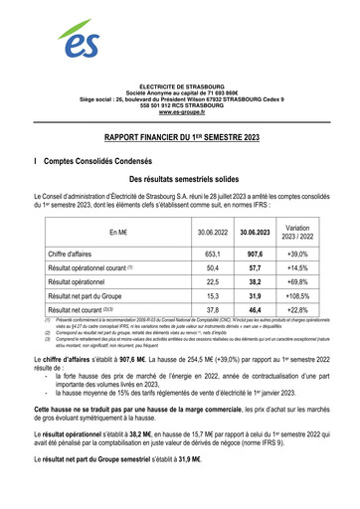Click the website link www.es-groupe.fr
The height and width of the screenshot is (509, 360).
pos(180,116)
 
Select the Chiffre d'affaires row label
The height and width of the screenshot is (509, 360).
pos(77,254)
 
